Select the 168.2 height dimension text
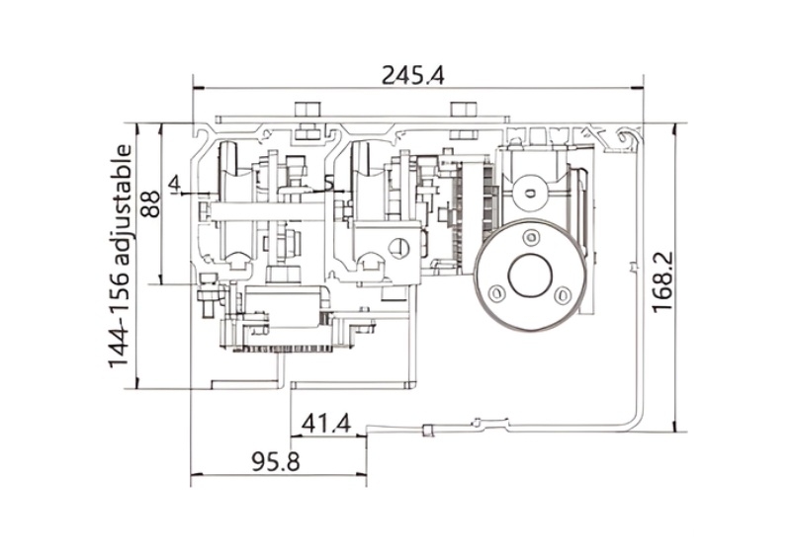(662, 281)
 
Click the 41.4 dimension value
(326, 424)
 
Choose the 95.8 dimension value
(276, 461)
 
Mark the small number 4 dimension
(174, 184)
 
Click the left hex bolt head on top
(307, 108)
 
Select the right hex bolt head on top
(463, 108)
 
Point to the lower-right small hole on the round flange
(562, 293)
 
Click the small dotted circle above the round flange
(530, 186)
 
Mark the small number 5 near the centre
(329, 184)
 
